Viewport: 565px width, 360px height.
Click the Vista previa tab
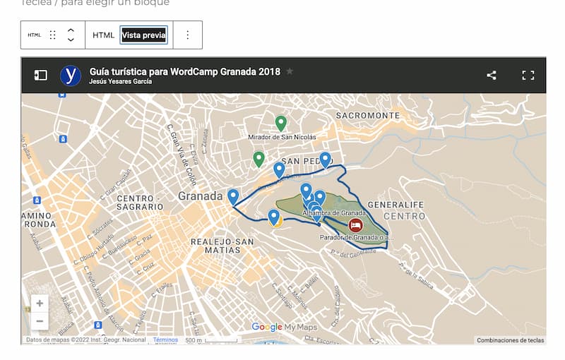click(143, 35)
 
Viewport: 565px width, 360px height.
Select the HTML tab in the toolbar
click(103, 35)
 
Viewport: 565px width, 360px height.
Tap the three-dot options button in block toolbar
click(187, 35)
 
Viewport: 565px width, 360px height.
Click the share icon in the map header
click(492, 75)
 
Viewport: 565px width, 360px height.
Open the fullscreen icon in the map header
click(528, 75)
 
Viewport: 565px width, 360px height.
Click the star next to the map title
click(290, 71)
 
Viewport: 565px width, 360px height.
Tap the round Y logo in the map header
click(71, 76)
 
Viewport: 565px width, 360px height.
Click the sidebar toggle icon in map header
click(41, 75)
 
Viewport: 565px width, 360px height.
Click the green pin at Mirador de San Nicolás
click(280, 123)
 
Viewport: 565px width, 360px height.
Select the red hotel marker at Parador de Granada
click(356, 225)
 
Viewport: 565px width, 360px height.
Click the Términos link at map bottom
click(165, 340)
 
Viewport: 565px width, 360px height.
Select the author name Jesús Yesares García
click(121, 81)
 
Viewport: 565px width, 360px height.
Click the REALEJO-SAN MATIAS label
click(222, 246)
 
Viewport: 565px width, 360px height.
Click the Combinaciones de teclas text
click(510, 340)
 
